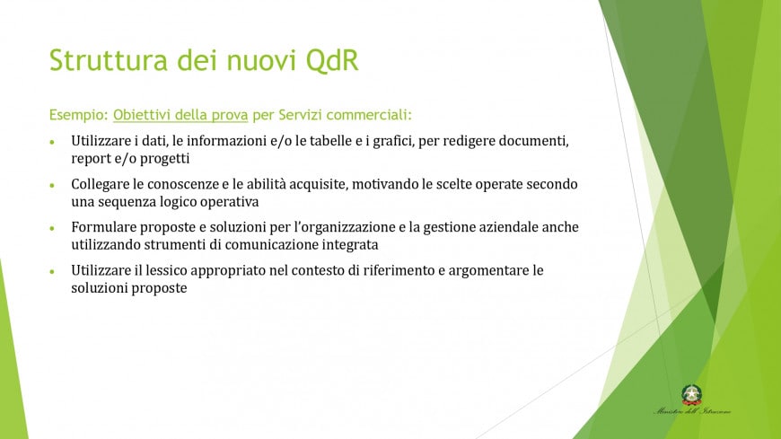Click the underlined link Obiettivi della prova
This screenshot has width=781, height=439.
click(x=180, y=116)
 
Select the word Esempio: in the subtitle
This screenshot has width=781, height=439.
click(x=79, y=116)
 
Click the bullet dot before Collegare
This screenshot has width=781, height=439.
click(x=52, y=184)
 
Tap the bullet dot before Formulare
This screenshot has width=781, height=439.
click(x=52, y=227)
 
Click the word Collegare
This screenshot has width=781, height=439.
click(x=104, y=184)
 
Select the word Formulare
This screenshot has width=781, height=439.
click(x=107, y=227)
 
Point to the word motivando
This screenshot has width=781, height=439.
click(x=390, y=184)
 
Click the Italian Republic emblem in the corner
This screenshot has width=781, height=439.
click(x=691, y=394)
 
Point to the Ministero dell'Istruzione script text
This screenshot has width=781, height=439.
click(x=691, y=412)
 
